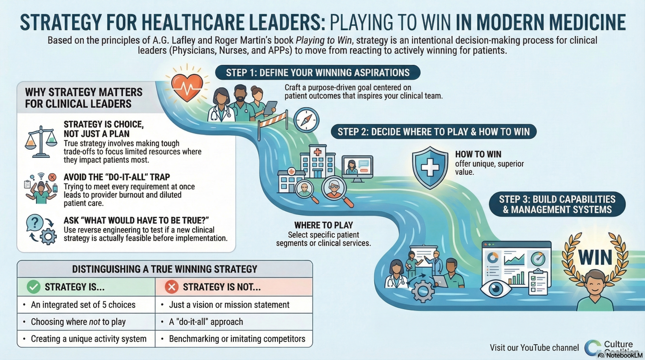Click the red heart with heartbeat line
(x=187, y=87)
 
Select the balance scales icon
(x=41, y=142)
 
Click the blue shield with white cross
(x=430, y=168)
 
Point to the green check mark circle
(x=34, y=287)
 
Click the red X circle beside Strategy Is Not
(x=171, y=287)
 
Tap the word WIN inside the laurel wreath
(x=595, y=257)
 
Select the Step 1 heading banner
(x=317, y=72)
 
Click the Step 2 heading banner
(x=434, y=132)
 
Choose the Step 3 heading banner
(x=557, y=204)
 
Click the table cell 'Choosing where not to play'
(x=86, y=322)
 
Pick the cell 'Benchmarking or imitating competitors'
(x=234, y=339)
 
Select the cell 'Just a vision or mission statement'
(x=234, y=305)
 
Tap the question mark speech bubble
(x=35, y=223)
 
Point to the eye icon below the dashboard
(x=496, y=288)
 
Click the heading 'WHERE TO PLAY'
(x=324, y=225)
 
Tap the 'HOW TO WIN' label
(x=478, y=154)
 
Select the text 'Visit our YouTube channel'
(x=535, y=348)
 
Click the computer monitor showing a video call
(x=357, y=168)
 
